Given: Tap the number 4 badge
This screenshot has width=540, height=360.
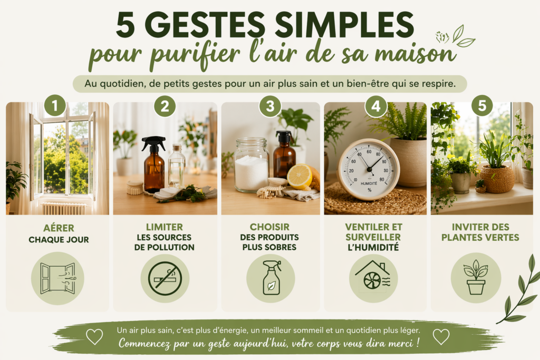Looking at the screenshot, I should click(376, 106).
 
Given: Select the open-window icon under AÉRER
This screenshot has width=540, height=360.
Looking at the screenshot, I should click(57, 278).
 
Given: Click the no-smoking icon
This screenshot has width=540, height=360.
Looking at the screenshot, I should click(165, 278).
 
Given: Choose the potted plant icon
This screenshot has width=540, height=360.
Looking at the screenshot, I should click(476, 277).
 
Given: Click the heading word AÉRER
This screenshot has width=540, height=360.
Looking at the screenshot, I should click(57, 229).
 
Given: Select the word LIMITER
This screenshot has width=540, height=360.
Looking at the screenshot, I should click(165, 226).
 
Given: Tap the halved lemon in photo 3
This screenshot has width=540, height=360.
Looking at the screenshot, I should click(299, 176).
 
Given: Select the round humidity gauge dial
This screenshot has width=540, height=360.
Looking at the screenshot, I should click(369, 169).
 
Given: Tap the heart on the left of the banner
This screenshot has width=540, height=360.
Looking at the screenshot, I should click(94, 336).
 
